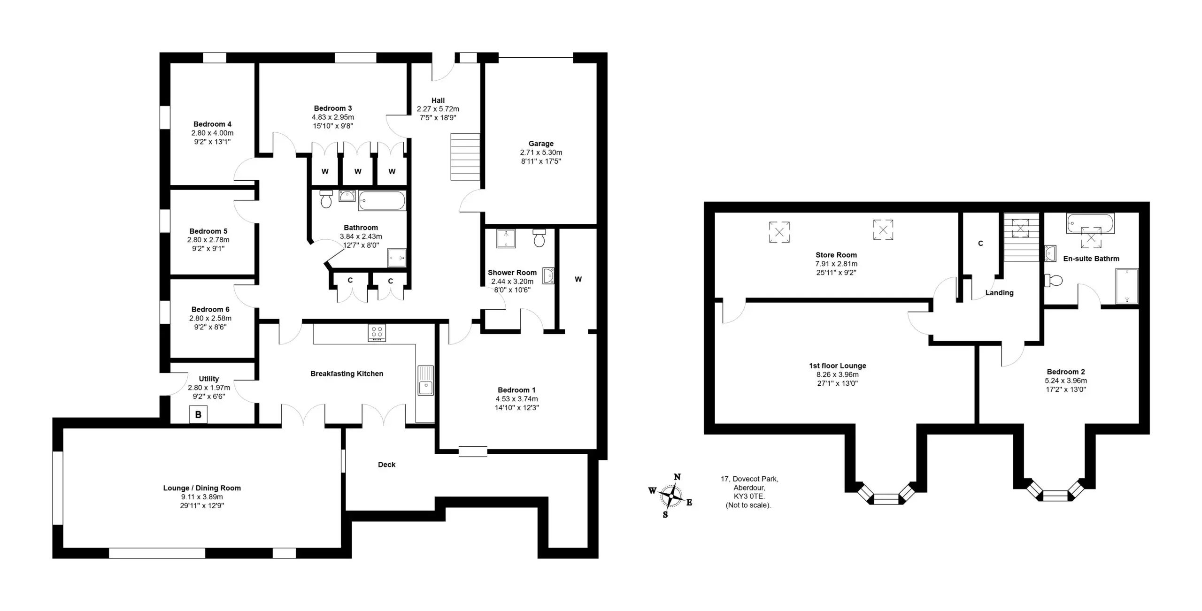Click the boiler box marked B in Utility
tap(198, 415)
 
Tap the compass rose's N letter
tap(677, 477)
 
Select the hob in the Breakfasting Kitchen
tap(377, 333)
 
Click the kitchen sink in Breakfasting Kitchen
tap(426, 381)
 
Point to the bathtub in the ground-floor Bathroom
tap(382, 200)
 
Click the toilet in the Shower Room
tap(539, 238)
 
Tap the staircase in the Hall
tap(465, 157)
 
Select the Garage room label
tap(541, 144)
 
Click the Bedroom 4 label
tap(212, 124)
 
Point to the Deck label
tap(386, 465)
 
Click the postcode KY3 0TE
tap(749, 496)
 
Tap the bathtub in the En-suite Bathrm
tap(1090, 223)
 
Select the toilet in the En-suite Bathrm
tap(1053, 281)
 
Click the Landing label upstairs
tap(999, 293)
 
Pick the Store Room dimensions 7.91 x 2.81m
tap(836, 264)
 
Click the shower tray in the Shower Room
tap(506, 238)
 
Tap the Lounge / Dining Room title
tap(202, 488)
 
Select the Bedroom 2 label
tap(1066, 372)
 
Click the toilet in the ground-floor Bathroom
tap(326, 199)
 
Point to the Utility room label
tap(209, 379)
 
